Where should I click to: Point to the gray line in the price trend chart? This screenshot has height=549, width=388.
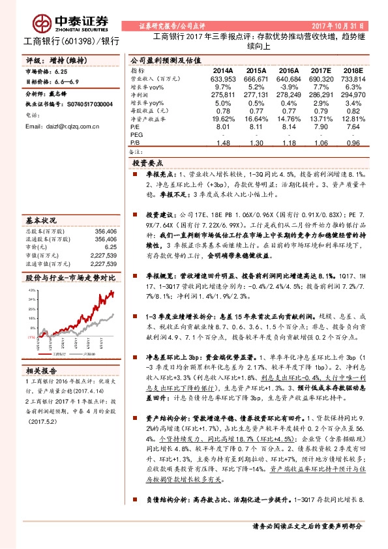(x=98, y=321)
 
